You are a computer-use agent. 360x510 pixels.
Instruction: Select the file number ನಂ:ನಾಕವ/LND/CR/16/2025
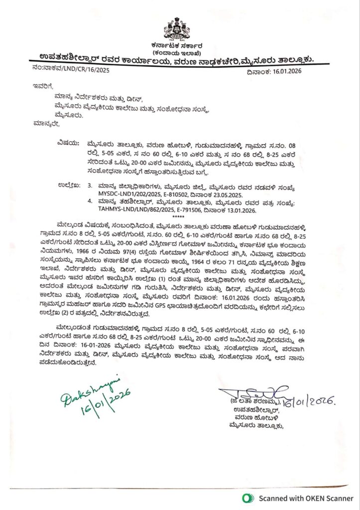click(x=69, y=70)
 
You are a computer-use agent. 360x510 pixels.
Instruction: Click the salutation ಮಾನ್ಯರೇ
click(x=45, y=123)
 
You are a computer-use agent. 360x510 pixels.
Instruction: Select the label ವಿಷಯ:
click(x=68, y=141)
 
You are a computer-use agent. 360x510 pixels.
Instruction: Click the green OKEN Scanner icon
click(x=245, y=498)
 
